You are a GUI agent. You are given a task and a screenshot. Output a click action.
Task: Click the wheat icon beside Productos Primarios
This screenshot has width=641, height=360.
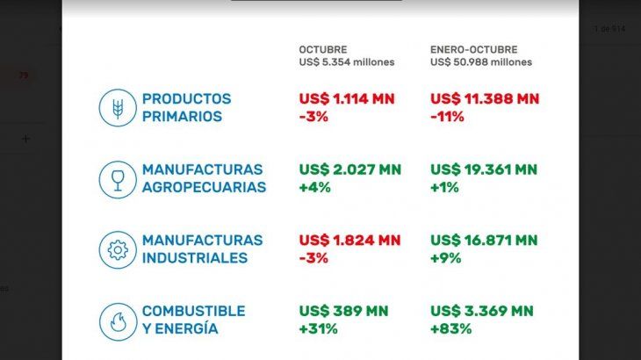[117, 107]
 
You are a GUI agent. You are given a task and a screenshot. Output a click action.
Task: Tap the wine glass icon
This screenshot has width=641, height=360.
[117, 178]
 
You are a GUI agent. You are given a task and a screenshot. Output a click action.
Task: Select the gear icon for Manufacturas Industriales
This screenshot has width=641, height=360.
[117, 249]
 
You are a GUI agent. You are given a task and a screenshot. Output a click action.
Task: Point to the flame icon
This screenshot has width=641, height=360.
[117, 320]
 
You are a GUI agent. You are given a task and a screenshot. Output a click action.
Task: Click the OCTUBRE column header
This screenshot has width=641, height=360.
[323, 49]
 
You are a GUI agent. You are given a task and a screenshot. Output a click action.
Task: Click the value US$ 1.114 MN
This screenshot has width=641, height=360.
[349, 99]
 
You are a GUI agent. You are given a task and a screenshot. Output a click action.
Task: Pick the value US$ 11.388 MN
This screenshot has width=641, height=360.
[485, 99]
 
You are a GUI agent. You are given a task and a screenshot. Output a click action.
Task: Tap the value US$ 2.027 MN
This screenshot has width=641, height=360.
[349, 169]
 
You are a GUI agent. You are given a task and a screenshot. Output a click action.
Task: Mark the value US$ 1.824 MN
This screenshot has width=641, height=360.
[349, 241]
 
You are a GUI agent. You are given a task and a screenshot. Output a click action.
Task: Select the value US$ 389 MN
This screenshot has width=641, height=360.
[343, 312]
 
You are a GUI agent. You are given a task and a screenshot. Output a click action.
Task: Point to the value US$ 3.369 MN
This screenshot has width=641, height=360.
[481, 312]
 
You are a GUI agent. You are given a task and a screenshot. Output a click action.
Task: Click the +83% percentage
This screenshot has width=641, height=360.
[450, 329]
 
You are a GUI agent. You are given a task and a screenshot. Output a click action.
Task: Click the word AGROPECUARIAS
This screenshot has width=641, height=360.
[204, 187]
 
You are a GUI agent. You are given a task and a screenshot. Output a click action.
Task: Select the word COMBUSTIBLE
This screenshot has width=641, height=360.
[193, 312]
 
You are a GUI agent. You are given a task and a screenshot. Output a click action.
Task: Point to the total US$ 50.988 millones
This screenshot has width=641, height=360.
[481, 62]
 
